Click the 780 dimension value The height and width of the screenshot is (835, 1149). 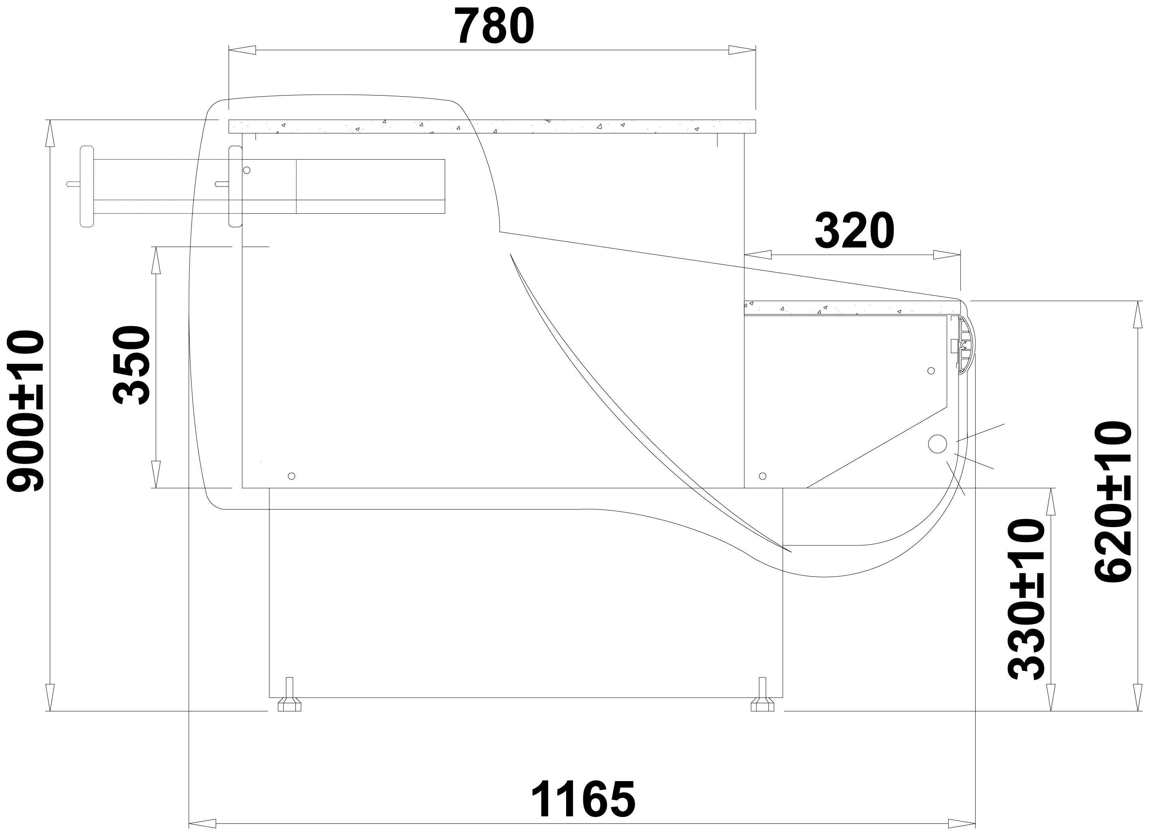(495, 26)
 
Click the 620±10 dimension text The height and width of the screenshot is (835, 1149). (1113, 501)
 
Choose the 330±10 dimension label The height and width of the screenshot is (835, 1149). (1026, 599)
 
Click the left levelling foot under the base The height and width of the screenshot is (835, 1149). (289, 695)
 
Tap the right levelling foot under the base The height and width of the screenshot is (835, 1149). (763, 695)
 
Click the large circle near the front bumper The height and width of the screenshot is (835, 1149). (937, 444)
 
